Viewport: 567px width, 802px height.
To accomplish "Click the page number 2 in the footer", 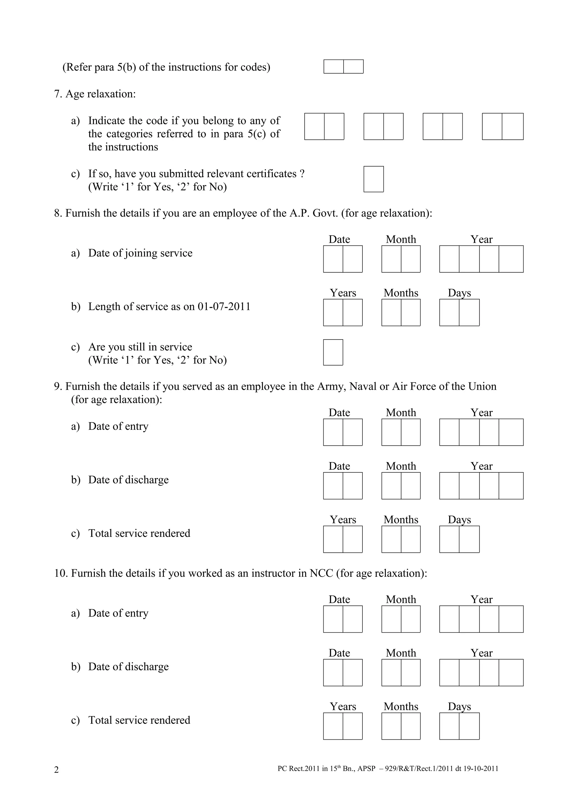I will point(56,770).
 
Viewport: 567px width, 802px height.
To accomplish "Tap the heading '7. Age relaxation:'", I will point(95,94).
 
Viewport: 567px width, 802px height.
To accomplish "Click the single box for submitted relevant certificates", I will point(373,179).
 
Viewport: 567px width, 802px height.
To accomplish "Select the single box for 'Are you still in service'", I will point(333,353).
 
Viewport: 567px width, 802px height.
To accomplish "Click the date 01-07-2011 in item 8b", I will point(224,306).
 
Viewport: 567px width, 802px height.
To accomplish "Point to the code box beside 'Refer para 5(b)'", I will point(343,67).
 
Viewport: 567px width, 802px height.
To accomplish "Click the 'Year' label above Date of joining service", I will point(481,239).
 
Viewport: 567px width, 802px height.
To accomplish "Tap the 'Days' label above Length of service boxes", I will point(459,293).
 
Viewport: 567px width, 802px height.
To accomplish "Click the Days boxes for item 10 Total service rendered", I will point(459,726).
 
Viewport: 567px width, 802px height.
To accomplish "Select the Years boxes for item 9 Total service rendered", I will point(343,539).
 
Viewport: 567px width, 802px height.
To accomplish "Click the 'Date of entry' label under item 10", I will point(118,613).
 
